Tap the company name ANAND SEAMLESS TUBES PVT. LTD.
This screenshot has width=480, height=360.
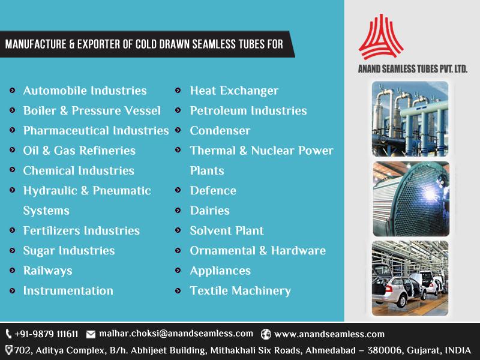point(412,69)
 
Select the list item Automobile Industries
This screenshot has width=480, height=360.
point(85,91)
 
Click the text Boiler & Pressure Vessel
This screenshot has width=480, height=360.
point(92,110)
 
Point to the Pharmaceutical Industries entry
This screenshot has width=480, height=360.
point(95,130)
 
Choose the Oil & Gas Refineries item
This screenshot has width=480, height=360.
point(79,151)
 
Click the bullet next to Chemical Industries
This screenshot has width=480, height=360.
point(13,171)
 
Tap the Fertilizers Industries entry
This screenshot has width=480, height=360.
point(81,230)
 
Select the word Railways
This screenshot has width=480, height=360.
point(47,271)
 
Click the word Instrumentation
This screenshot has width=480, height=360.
point(68,290)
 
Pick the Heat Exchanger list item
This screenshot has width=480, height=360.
point(234,91)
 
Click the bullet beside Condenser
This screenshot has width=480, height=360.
point(179,131)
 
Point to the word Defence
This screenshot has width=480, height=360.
point(213,191)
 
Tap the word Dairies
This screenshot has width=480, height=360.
point(209,211)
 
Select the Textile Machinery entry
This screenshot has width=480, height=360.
point(240,290)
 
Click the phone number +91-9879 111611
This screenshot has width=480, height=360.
point(46,334)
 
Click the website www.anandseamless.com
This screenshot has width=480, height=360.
point(329,334)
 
